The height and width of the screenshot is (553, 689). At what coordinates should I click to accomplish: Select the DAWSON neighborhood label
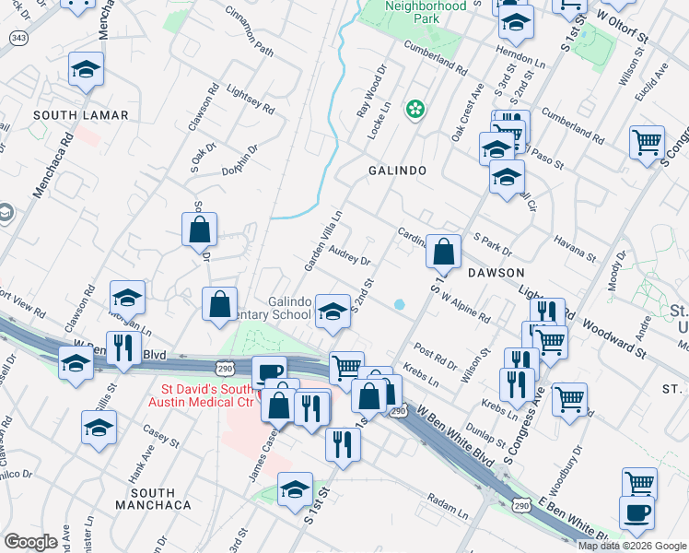point(495,274)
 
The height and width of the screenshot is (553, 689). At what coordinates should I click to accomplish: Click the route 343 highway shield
point(18,37)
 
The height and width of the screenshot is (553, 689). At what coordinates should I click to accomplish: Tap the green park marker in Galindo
point(415,110)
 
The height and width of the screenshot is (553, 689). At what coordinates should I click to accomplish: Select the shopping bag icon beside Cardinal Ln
point(443,251)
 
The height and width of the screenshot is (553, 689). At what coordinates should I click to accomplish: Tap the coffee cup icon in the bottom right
point(636,514)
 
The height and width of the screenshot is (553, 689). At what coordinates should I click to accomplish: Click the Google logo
point(30,542)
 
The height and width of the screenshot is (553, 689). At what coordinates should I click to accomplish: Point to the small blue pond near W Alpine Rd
point(399,304)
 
